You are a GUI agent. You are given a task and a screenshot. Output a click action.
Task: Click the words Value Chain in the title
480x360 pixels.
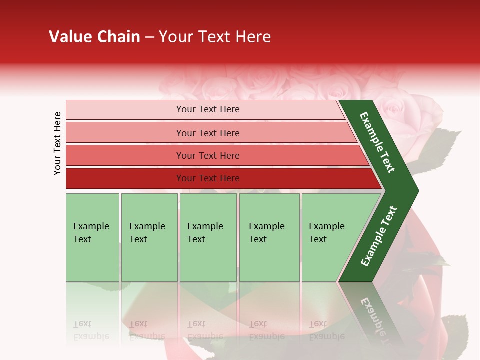pyautogui.click(x=94, y=37)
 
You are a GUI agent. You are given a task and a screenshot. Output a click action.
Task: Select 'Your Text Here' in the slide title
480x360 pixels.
pyautogui.click(x=214, y=37)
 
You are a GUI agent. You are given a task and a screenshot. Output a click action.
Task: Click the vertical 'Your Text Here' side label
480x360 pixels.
pyautogui.click(x=57, y=143)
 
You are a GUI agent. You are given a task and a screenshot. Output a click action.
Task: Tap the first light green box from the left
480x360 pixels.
pyautogui.click(x=92, y=237)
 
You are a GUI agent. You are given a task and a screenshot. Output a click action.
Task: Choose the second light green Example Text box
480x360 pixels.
pyautogui.click(x=149, y=237)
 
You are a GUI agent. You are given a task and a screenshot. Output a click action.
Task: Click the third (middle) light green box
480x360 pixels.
pyautogui.click(x=208, y=237)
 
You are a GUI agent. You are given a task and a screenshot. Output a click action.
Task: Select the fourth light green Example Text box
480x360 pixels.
pyautogui.click(x=269, y=237)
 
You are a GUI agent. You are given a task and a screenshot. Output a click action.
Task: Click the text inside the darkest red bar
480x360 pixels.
pyautogui.click(x=208, y=178)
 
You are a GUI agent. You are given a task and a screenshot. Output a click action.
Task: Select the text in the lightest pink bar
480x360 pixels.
pyautogui.click(x=208, y=109)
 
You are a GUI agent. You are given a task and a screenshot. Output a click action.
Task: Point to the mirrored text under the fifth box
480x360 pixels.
pyautogui.click(x=326, y=330)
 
